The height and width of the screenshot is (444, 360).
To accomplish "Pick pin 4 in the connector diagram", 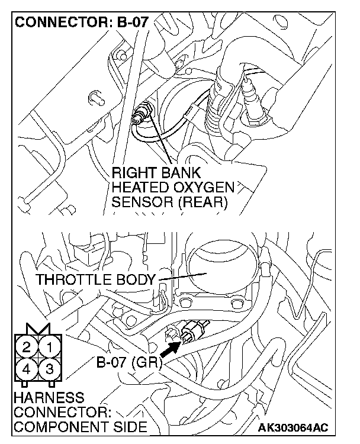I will click(x=27, y=369).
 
